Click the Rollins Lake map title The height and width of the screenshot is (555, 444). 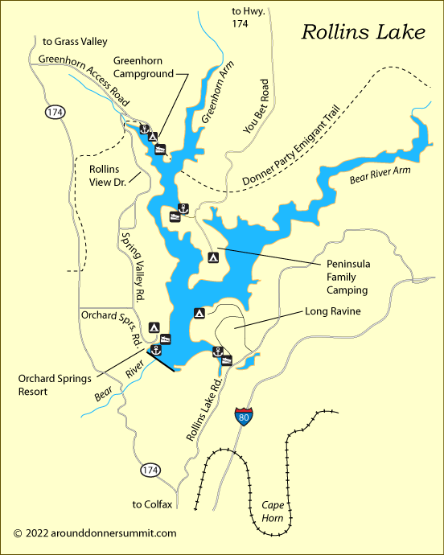(363, 32)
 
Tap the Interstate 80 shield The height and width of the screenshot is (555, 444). (242, 417)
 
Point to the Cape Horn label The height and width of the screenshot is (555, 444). (273, 512)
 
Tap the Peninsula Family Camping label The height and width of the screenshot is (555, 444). (347, 277)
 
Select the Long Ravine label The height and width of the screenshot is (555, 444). (332, 311)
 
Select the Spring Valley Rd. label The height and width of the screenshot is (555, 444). (132, 266)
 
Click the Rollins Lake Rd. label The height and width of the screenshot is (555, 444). (204, 409)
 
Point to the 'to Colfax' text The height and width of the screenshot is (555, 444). (152, 504)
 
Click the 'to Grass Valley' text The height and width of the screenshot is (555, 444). (75, 41)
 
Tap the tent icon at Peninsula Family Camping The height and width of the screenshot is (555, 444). (213, 258)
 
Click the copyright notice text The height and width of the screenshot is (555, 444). (95, 532)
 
